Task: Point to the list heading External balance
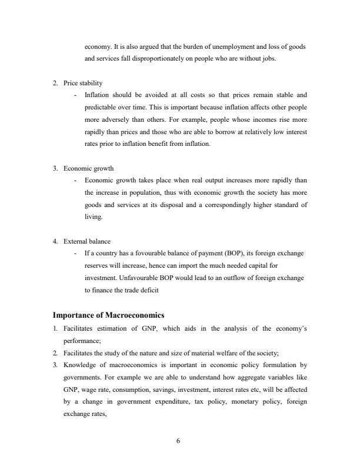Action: [x=86, y=241]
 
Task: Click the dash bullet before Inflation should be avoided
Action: [x=75, y=94]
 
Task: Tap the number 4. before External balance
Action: [x=55, y=241]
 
